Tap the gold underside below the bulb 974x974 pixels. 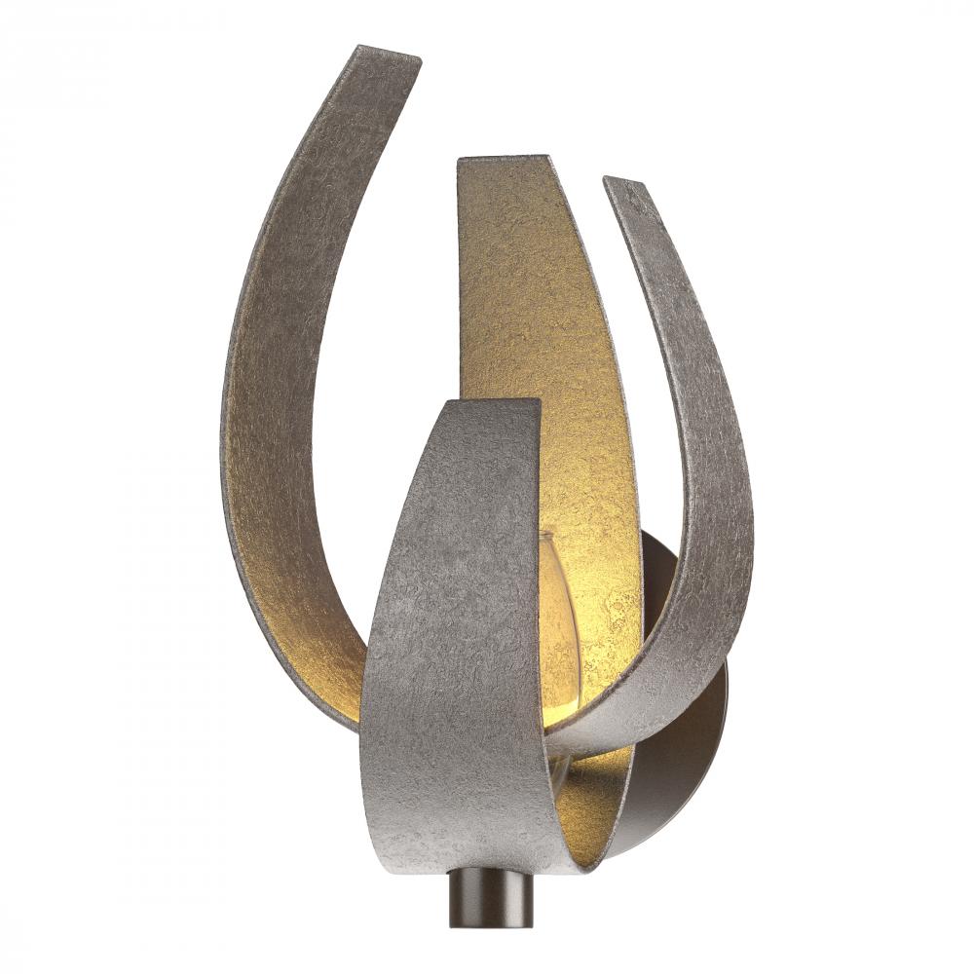[x=584, y=789]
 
